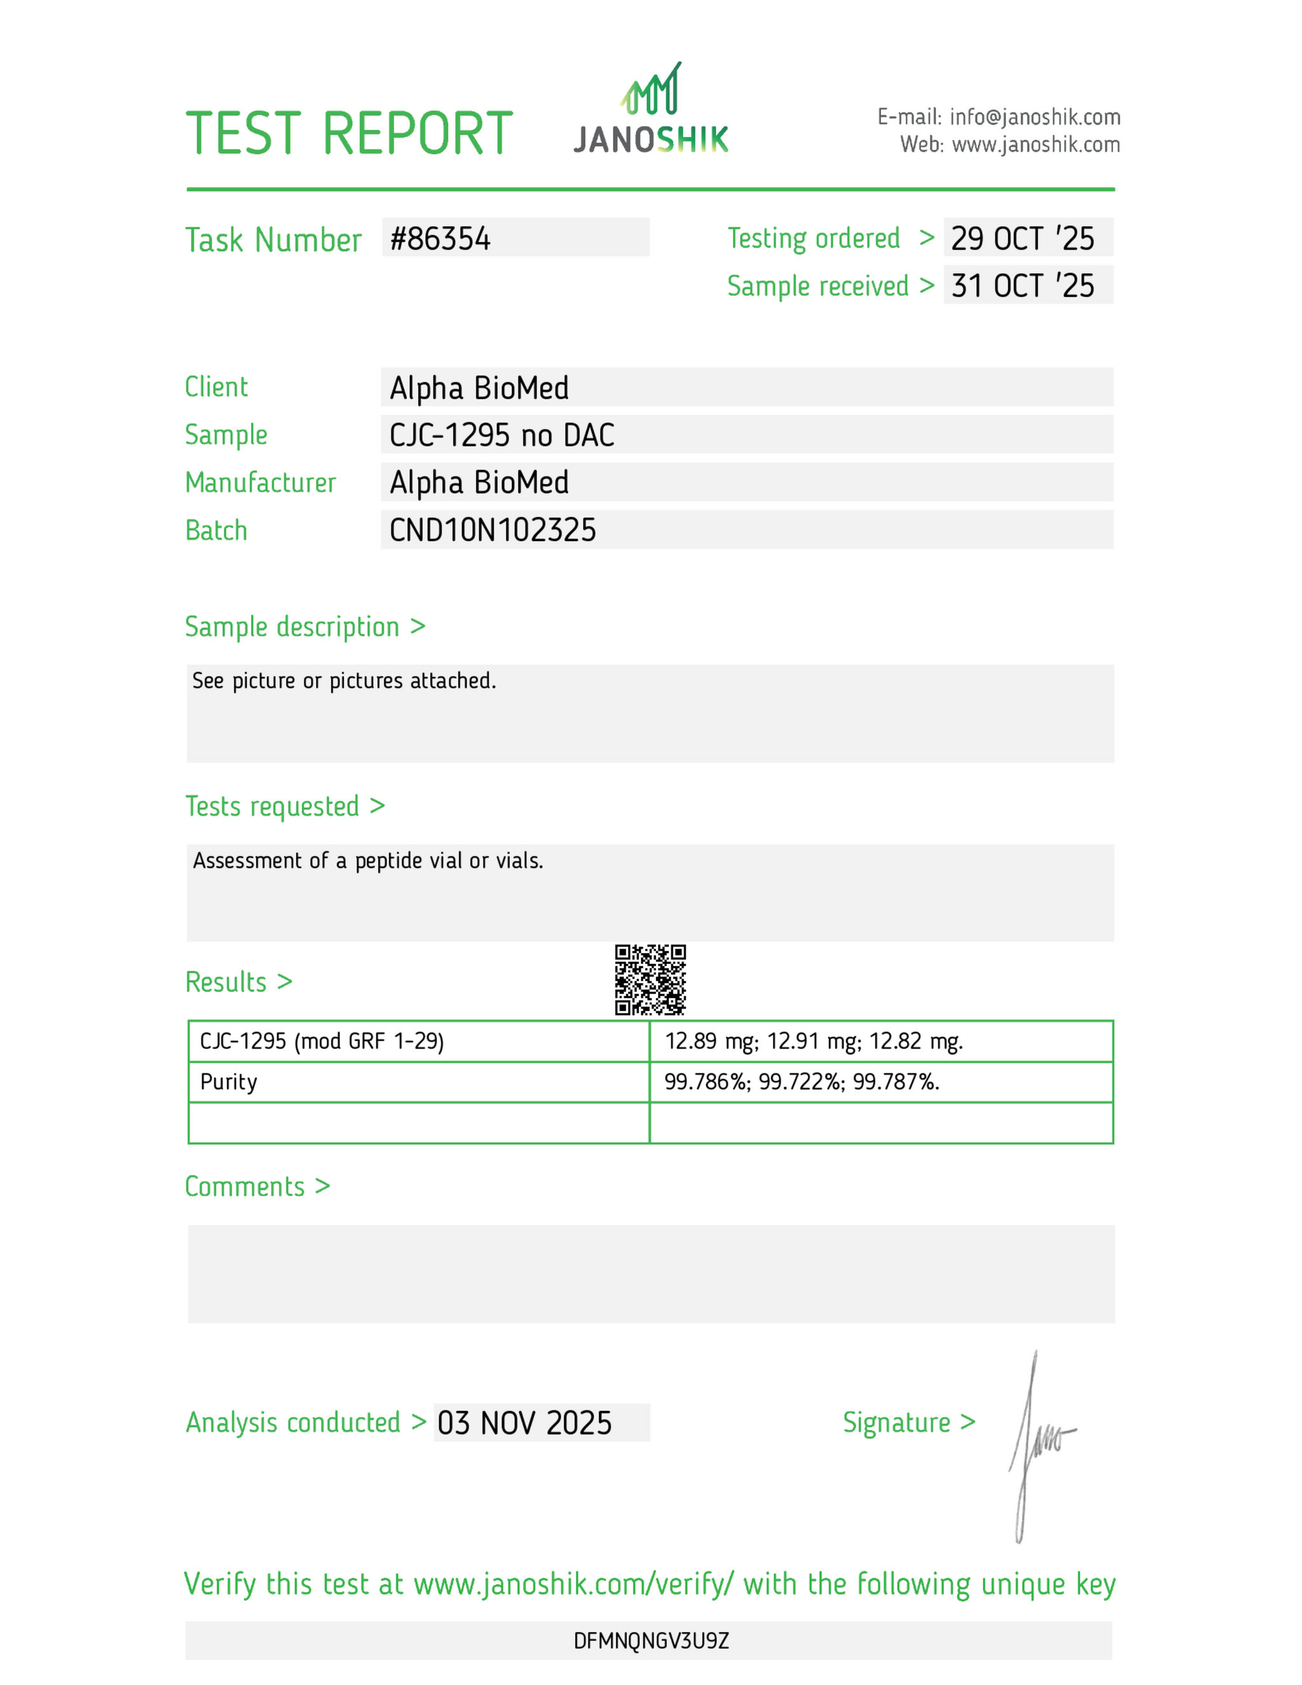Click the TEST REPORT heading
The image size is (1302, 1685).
tap(348, 134)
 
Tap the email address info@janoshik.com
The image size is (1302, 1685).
tap(1034, 117)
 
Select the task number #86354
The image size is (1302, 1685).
tap(440, 239)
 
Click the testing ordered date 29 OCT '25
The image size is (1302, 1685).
tap(1022, 239)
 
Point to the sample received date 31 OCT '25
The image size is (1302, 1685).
tap(1022, 286)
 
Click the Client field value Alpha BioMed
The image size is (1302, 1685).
tap(479, 388)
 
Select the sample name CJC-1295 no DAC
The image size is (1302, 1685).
tap(502, 436)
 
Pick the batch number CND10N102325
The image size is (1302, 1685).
tap(492, 531)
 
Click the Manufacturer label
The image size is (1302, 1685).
tap(260, 483)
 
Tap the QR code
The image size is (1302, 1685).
tap(650, 979)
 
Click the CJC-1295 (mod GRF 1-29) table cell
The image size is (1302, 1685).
tap(322, 1042)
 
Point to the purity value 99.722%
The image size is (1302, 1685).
tap(800, 1082)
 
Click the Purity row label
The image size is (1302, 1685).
tap(228, 1082)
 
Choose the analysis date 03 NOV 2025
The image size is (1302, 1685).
tap(524, 1424)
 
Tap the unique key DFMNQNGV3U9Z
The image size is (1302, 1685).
tap(651, 1641)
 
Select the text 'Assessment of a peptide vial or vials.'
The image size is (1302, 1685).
tap(368, 861)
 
